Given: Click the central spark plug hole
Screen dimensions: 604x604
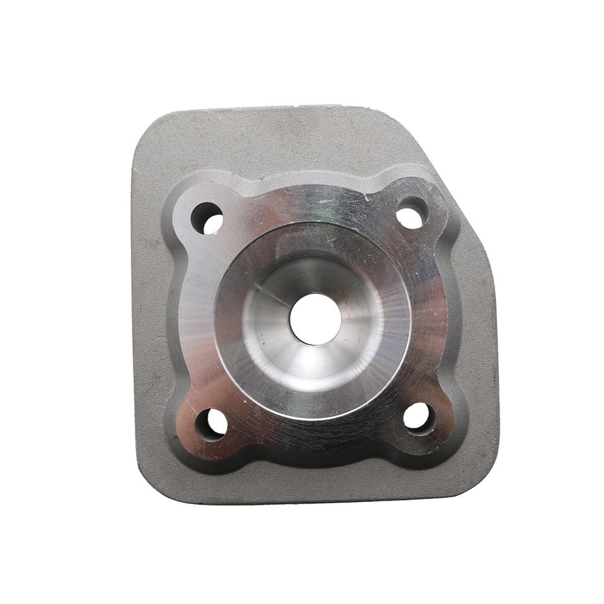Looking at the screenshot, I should click(314, 318).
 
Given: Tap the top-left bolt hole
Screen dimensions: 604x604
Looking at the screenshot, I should click(207, 218).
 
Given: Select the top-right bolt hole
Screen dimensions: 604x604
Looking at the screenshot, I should click(413, 213).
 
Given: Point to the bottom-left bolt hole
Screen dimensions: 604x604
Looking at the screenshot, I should click(211, 424).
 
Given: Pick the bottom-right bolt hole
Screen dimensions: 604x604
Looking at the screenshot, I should click(418, 417).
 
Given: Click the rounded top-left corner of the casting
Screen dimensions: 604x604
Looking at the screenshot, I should click(151, 130).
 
